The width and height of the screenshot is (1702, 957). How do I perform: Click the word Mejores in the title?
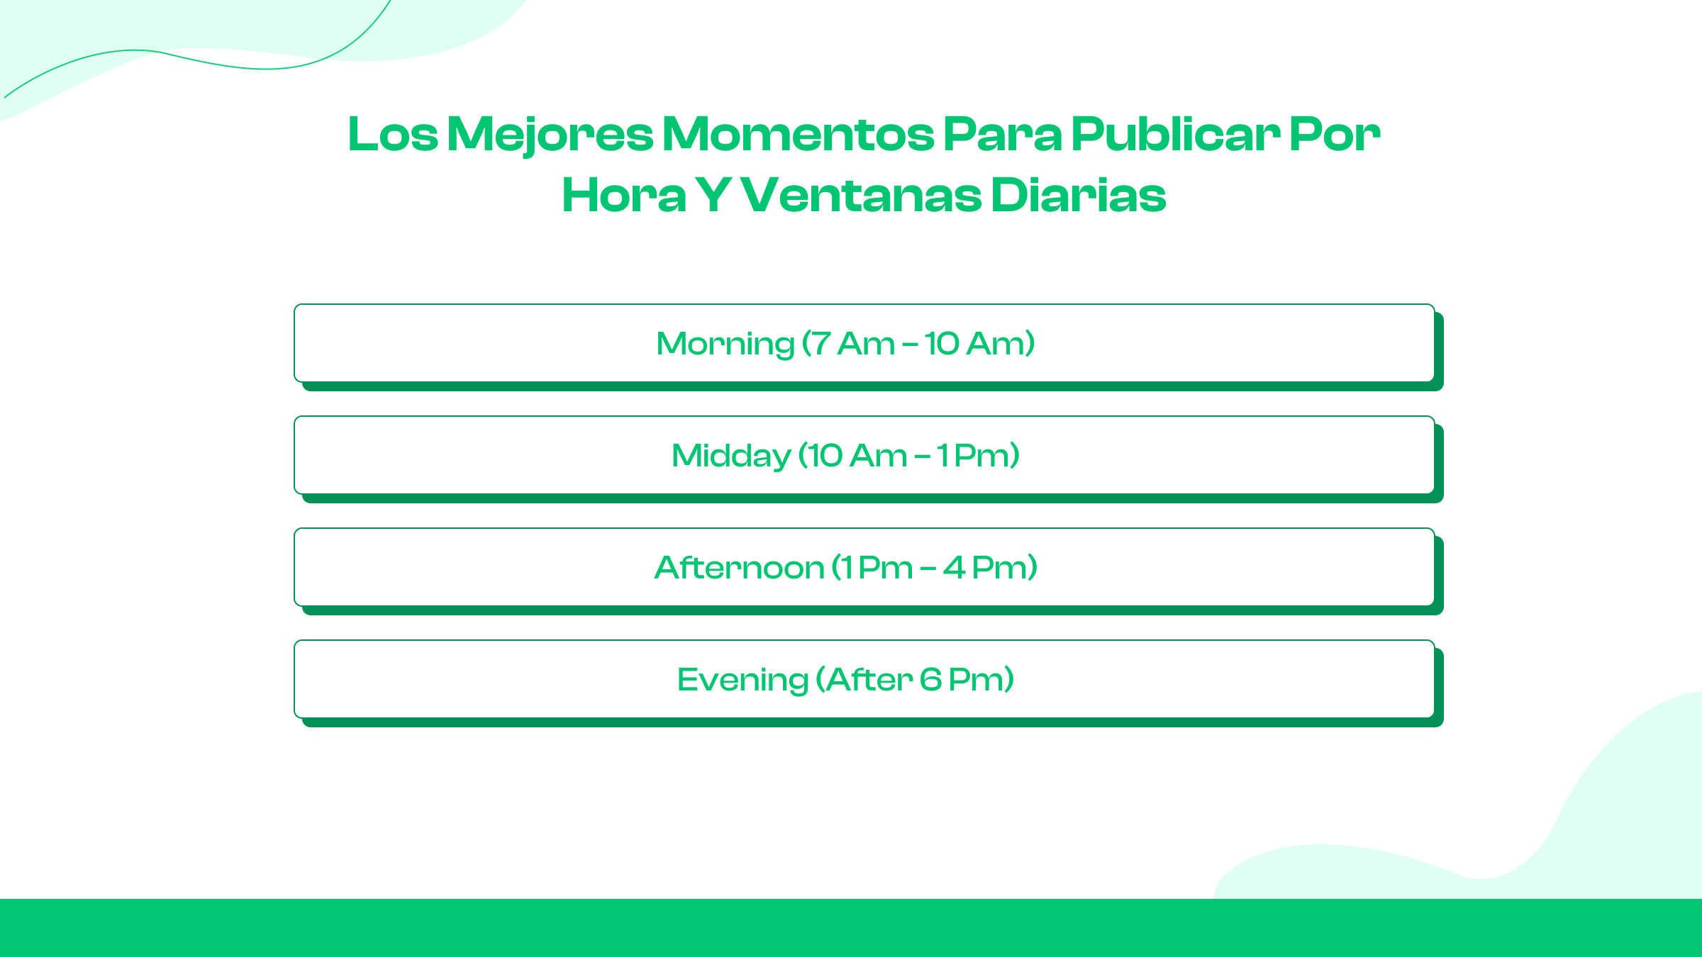pos(550,134)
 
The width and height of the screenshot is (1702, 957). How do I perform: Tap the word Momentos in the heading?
pos(799,134)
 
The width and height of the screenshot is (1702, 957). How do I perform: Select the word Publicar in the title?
pos(1175,134)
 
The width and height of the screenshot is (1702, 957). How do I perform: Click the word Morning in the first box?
pos(725,344)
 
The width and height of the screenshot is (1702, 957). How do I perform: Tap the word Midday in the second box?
pos(730,456)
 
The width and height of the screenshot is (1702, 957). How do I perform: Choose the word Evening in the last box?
pos(742,680)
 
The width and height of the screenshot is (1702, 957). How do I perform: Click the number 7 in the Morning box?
pos(821,344)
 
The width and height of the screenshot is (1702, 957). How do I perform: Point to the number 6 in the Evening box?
pos(930,680)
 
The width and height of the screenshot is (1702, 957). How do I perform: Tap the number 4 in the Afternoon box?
pos(954,568)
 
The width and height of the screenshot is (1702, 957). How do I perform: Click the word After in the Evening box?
pos(869,680)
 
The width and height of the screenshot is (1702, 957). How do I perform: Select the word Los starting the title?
pos(393,134)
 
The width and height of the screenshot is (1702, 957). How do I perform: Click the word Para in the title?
pos(1003,134)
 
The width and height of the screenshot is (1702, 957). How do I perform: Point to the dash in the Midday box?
pos(922,457)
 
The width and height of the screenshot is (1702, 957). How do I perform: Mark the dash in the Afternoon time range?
pos(928,569)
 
